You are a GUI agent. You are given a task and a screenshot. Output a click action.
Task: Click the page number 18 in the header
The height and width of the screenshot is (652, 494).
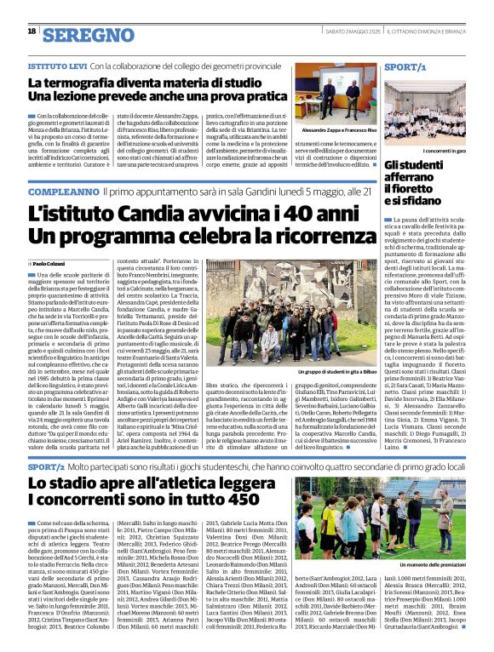pos(32,31)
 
